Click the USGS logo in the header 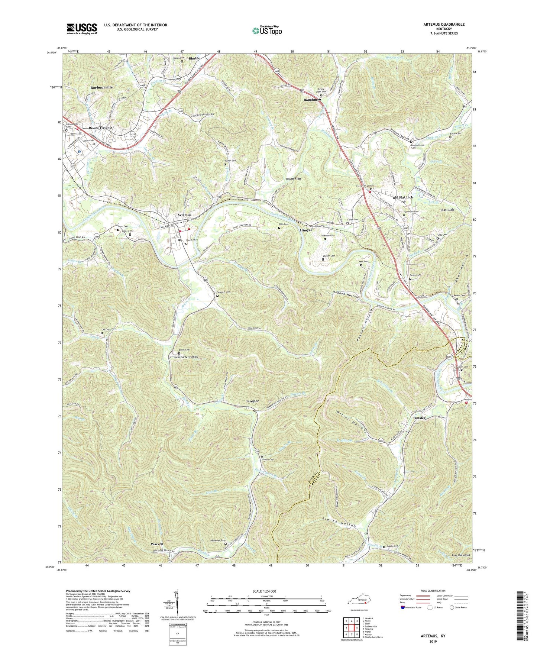82,28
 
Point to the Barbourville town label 101,87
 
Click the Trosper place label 252,401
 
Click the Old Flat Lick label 403,197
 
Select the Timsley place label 420,418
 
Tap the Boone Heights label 100,128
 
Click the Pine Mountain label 460,555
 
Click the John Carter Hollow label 186,357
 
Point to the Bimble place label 194,58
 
